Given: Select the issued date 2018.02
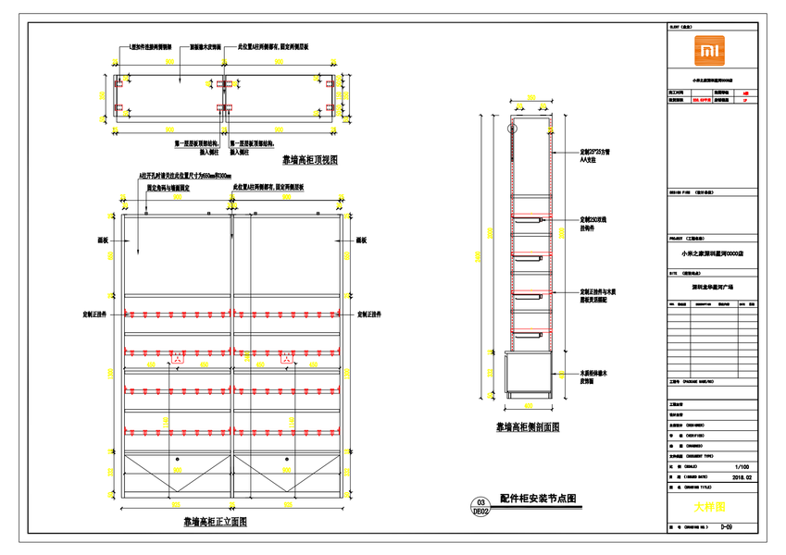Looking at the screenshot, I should pyautogui.click(x=742, y=478).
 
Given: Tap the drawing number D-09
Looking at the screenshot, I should pyautogui.click(x=727, y=526).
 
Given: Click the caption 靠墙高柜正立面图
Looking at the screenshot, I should pyautogui.click(x=215, y=522).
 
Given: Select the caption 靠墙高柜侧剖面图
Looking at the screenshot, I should pyautogui.click(x=528, y=427).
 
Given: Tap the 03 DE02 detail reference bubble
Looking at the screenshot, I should pyautogui.click(x=480, y=505).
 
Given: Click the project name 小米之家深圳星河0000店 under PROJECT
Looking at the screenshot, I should pyautogui.click(x=712, y=253).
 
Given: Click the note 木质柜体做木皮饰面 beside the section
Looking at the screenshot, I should pyautogui.click(x=570, y=376).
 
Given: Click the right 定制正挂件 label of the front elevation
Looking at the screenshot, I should pyautogui.click(x=372, y=314).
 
